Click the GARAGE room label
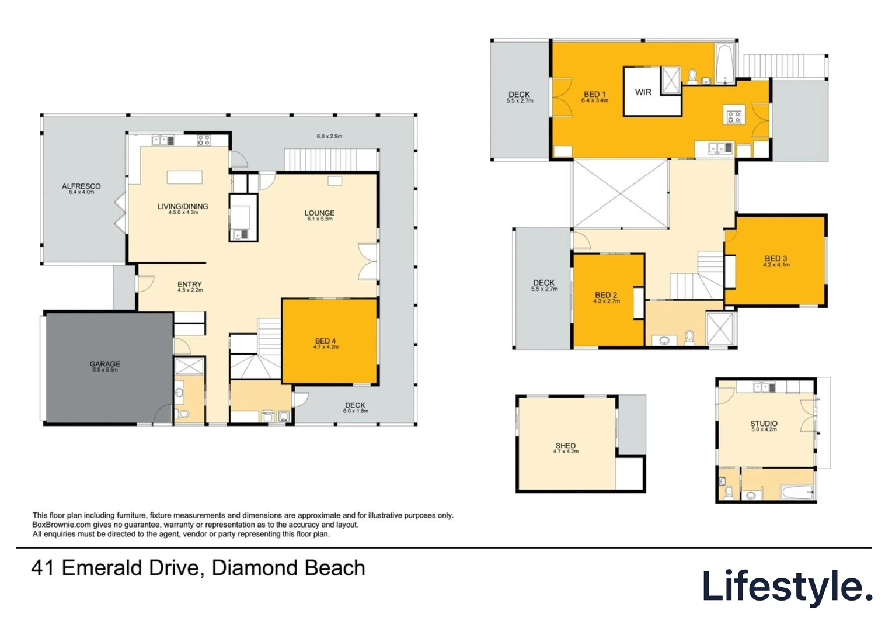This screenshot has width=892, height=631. click(x=105, y=364)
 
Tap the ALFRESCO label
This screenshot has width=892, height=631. click(x=81, y=186)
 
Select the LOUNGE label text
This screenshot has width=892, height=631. click(x=319, y=213)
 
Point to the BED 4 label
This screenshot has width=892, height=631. click(x=325, y=341)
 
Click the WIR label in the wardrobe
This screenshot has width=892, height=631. click(x=643, y=92)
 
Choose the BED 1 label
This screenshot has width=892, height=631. click(x=595, y=95)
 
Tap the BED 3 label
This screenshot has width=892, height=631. click(x=776, y=259)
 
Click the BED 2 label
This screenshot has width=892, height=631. click(x=606, y=295)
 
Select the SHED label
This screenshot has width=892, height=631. click(x=566, y=446)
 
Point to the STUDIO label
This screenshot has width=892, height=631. click(x=764, y=424)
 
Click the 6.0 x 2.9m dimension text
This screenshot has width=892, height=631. click(x=329, y=136)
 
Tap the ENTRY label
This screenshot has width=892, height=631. click(x=190, y=285)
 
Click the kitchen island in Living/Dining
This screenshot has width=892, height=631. click(x=184, y=177)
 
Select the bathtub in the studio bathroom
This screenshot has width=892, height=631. click(x=797, y=493)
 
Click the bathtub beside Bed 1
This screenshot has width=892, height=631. click(x=724, y=64)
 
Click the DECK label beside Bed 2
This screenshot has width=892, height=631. click(x=543, y=283)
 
